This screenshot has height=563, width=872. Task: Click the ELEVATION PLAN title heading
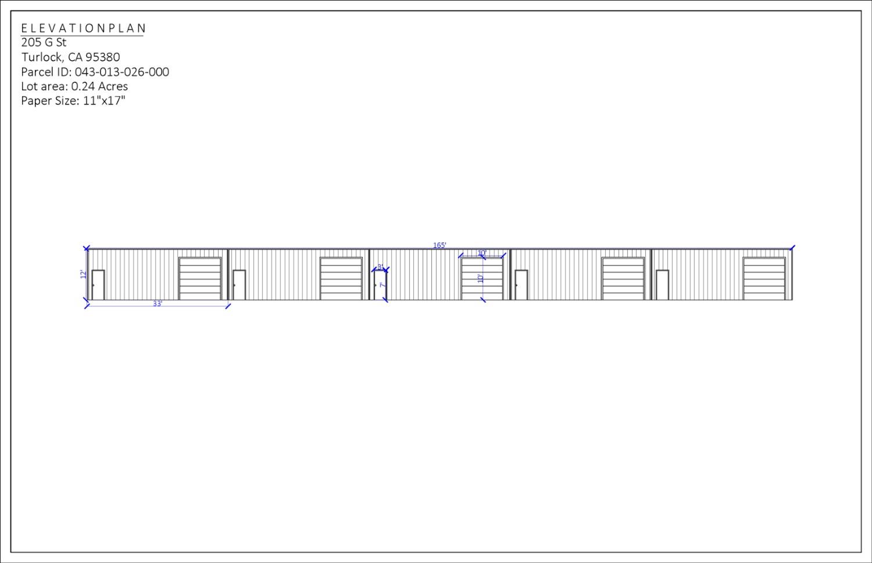coord(84,28)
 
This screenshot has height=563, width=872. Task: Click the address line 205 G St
coord(44,42)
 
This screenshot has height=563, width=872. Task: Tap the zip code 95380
coord(102,57)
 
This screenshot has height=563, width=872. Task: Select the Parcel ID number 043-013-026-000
coord(122,72)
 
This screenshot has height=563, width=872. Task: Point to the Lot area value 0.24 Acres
coord(99,87)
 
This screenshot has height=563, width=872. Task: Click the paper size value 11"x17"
coord(104,101)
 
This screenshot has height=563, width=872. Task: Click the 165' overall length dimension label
coord(439,245)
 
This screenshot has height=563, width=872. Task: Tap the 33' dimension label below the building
coord(158,304)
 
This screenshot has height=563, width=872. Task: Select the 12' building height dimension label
coord(83,274)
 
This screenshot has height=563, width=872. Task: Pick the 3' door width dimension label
coord(380,267)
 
